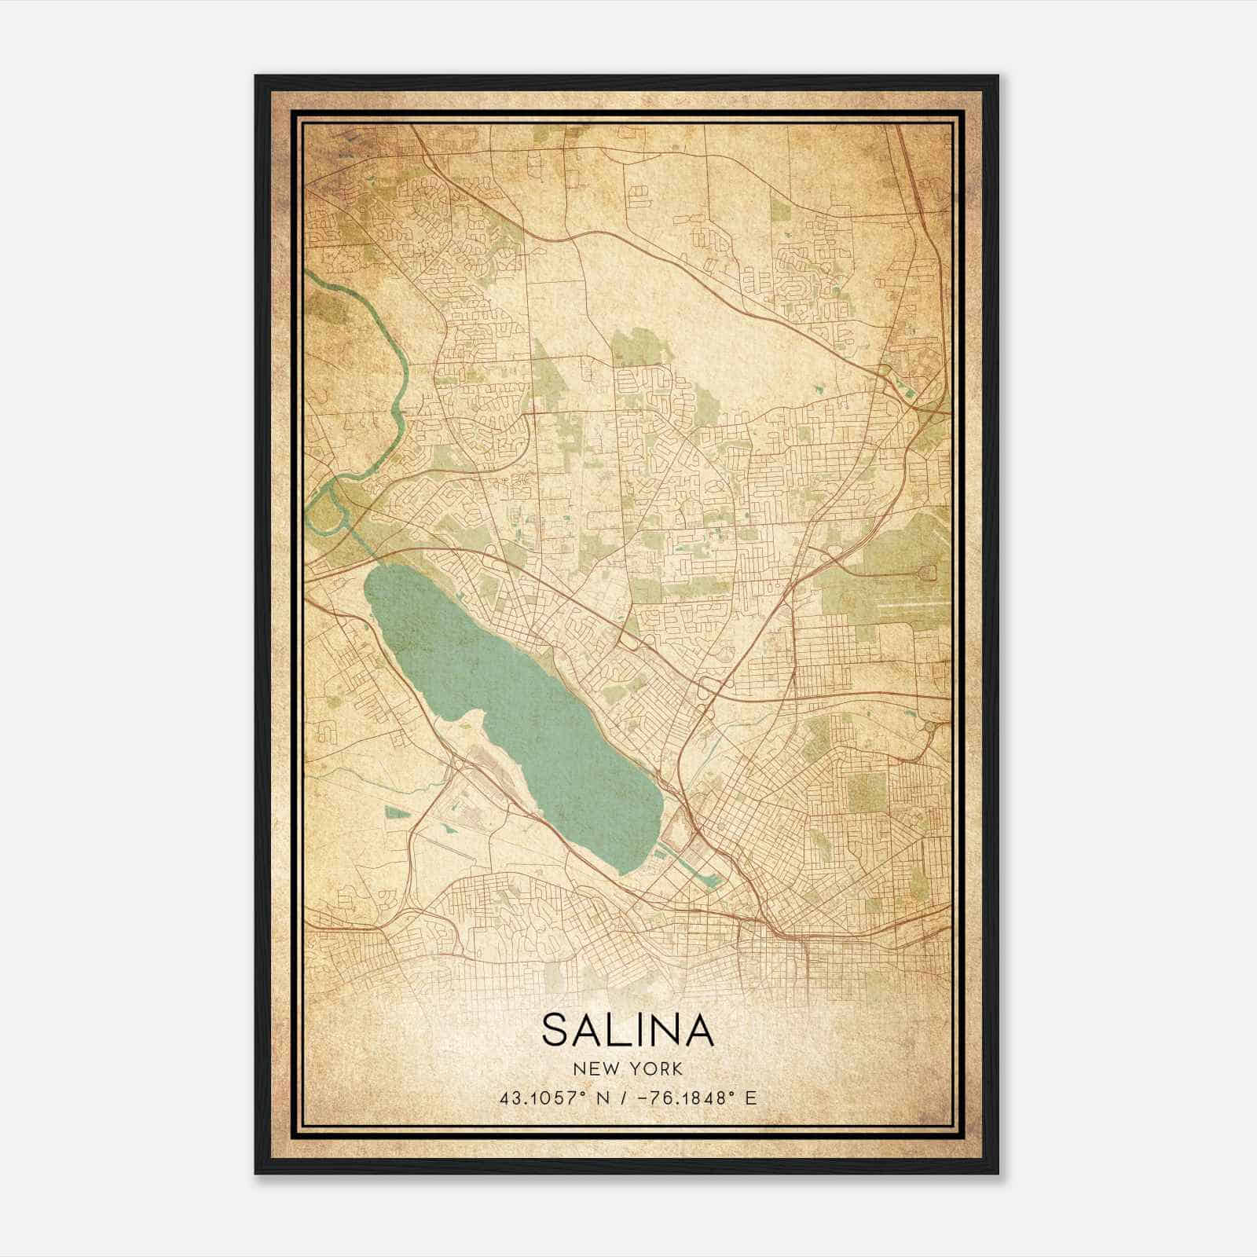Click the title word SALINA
(x=628, y=1030)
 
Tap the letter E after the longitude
(x=751, y=1098)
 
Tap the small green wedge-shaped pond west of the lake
(x=398, y=812)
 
